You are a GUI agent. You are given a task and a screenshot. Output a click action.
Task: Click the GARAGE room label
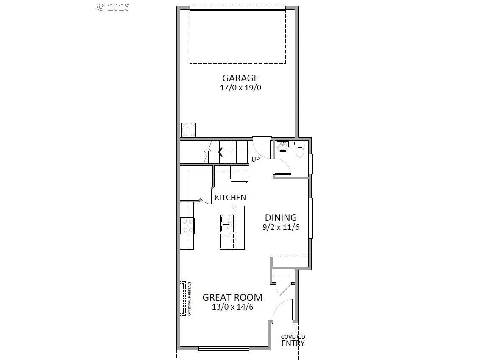pyautogui.click(x=240, y=78)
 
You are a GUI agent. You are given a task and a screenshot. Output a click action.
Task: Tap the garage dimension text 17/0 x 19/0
pyautogui.click(x=240, y=88)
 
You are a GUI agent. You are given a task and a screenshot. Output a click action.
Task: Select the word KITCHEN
pyautogui.click(x=230, y=198)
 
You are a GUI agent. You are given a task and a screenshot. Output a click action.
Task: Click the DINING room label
pyautogui.click(x=281, y=218)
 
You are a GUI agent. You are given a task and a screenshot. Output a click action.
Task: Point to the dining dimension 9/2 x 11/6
pyautogui.click(x=281, y=227)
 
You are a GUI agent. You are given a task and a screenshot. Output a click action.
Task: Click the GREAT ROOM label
pyautogui.click(x=232, y=297)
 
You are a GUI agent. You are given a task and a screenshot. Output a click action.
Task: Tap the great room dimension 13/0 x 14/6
pyautogui.click(x=232, y=307)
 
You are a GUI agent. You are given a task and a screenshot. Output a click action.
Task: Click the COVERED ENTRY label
pyautogui.click(x=293, y=340)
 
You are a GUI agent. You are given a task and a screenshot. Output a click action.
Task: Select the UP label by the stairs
pyautogui.click(x=256, y=159)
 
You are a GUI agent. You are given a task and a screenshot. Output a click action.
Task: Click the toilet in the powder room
pyautogui.click(x=300, y=150)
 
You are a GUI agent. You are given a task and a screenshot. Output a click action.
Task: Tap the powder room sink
pyautogui.click(x=282, y=147)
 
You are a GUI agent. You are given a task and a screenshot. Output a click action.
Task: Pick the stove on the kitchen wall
pyautogui.click(x=188, y=226)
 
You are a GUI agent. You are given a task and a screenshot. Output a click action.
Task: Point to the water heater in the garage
pyautogui.click(x=188, y=129)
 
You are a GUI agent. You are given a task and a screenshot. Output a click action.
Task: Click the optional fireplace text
pyautogui.click(x=190, y=299)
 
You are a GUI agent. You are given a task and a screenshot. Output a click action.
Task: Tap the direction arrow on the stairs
pyautogui.click(x=220, y=151)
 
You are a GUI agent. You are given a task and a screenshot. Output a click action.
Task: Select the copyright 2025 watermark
pyautogui.click(x=113, y=7)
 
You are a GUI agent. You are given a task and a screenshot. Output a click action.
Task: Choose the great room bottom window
pyautogui.click(x=223, y=349)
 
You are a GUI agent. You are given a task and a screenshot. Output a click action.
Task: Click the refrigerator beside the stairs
pyautogui.click(x=239, y=173)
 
